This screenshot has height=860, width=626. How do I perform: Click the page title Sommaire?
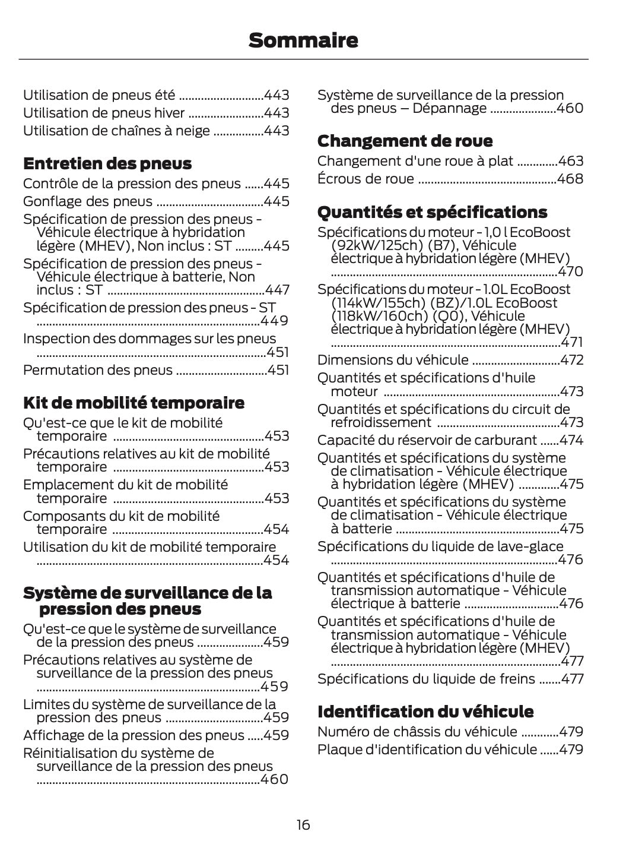pyautogui.click(x=303, y=40)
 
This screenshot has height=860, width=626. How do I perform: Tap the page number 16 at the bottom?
pyautogui.click(x=303, y=824)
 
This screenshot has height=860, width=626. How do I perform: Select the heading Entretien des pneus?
pyautogui.click(x=107, y=163)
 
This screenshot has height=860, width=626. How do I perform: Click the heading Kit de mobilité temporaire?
pyautogui.click(x=134, y=403)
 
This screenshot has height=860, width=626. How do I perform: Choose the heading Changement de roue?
pyautogui.click(x=405, y=141)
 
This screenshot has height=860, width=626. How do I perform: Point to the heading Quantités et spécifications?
pyautogui.click(x=432, y=212)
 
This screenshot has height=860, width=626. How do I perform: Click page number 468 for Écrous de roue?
pyautogui.click(x=570, y=179)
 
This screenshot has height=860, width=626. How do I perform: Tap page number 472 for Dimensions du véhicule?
pyautogui.click(x=572, y=360)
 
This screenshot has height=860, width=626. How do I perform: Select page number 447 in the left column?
pyautogui.click(x=277, y=290)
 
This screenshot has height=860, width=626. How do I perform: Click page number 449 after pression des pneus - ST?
pyautogui.click(x=275, y=321)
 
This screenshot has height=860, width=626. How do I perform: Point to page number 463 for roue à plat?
pyautogui.click(x=571, y=161)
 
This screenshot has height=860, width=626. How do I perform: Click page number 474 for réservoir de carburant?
pyautogui.click(x=571, y=440)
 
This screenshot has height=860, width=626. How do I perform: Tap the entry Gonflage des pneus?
pyautogui.click(x=88, y=201)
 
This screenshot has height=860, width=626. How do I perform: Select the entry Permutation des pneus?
pyautogui.click(x=98, y=370)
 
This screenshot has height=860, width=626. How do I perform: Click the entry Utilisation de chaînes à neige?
pyautogui.click(x=116, y=131)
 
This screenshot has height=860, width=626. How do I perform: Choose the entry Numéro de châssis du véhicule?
pyautogui.click(x=417, y=731)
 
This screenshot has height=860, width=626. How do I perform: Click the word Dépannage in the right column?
pyautogui.click(x=449, y=109)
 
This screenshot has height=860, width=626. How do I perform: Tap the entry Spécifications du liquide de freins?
pyautogui.click(x=426, y=679)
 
